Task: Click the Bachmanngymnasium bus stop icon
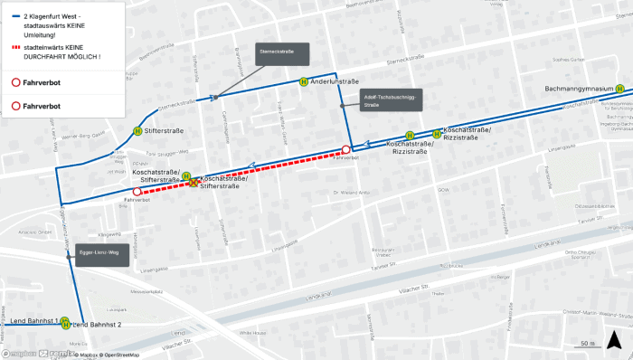point(619,89)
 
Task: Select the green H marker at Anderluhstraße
point(305,81)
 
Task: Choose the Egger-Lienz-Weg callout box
point(99,253)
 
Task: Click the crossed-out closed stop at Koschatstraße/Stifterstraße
point(193,182)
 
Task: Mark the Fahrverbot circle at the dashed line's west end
point(137,192)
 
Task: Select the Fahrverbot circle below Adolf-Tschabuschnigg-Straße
point(345,149)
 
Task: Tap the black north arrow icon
point(615,340)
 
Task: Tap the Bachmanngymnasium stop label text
point(580,89)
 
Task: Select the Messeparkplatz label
point(145,291)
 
